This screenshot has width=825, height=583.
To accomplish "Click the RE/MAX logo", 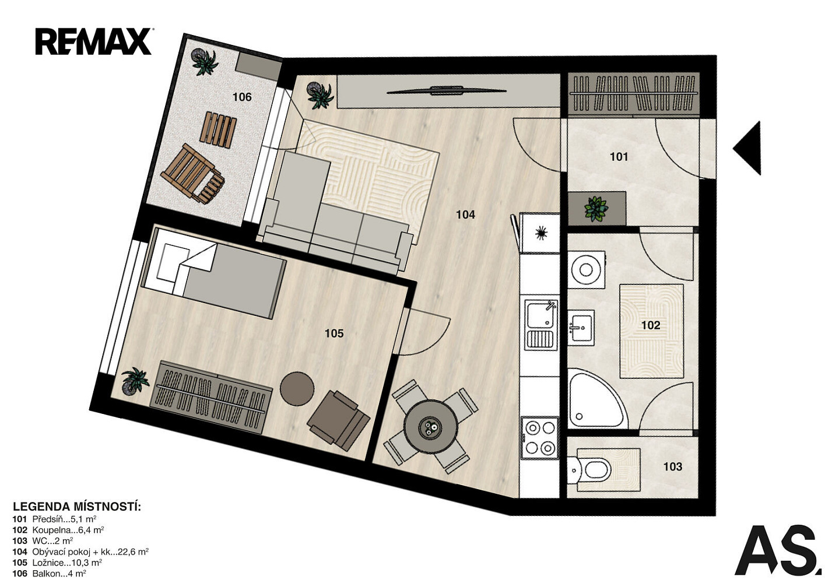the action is pos(93,41).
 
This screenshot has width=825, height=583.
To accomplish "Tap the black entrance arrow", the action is pos(747,148).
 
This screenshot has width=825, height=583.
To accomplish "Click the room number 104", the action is pos(465,215).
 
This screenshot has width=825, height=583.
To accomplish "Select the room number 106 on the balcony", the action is pos(242,97).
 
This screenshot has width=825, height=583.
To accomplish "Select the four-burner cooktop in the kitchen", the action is pos(540,437).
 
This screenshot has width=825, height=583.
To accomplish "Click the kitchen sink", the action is pos(540,324).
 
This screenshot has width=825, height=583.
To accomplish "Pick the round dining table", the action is pos(430,427).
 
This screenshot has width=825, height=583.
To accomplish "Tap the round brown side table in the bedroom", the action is pos(297,388).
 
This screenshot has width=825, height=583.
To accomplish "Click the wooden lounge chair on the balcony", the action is pos(192,174).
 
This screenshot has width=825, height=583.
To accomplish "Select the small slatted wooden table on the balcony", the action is pos(218,129).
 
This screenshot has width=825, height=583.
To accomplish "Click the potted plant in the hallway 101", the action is pos(596,209).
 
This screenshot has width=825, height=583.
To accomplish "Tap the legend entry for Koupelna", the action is pos(58,531).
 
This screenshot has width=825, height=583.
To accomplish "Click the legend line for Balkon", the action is pos(50,574).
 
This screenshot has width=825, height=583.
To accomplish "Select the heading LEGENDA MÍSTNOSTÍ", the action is pos(77,507).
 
